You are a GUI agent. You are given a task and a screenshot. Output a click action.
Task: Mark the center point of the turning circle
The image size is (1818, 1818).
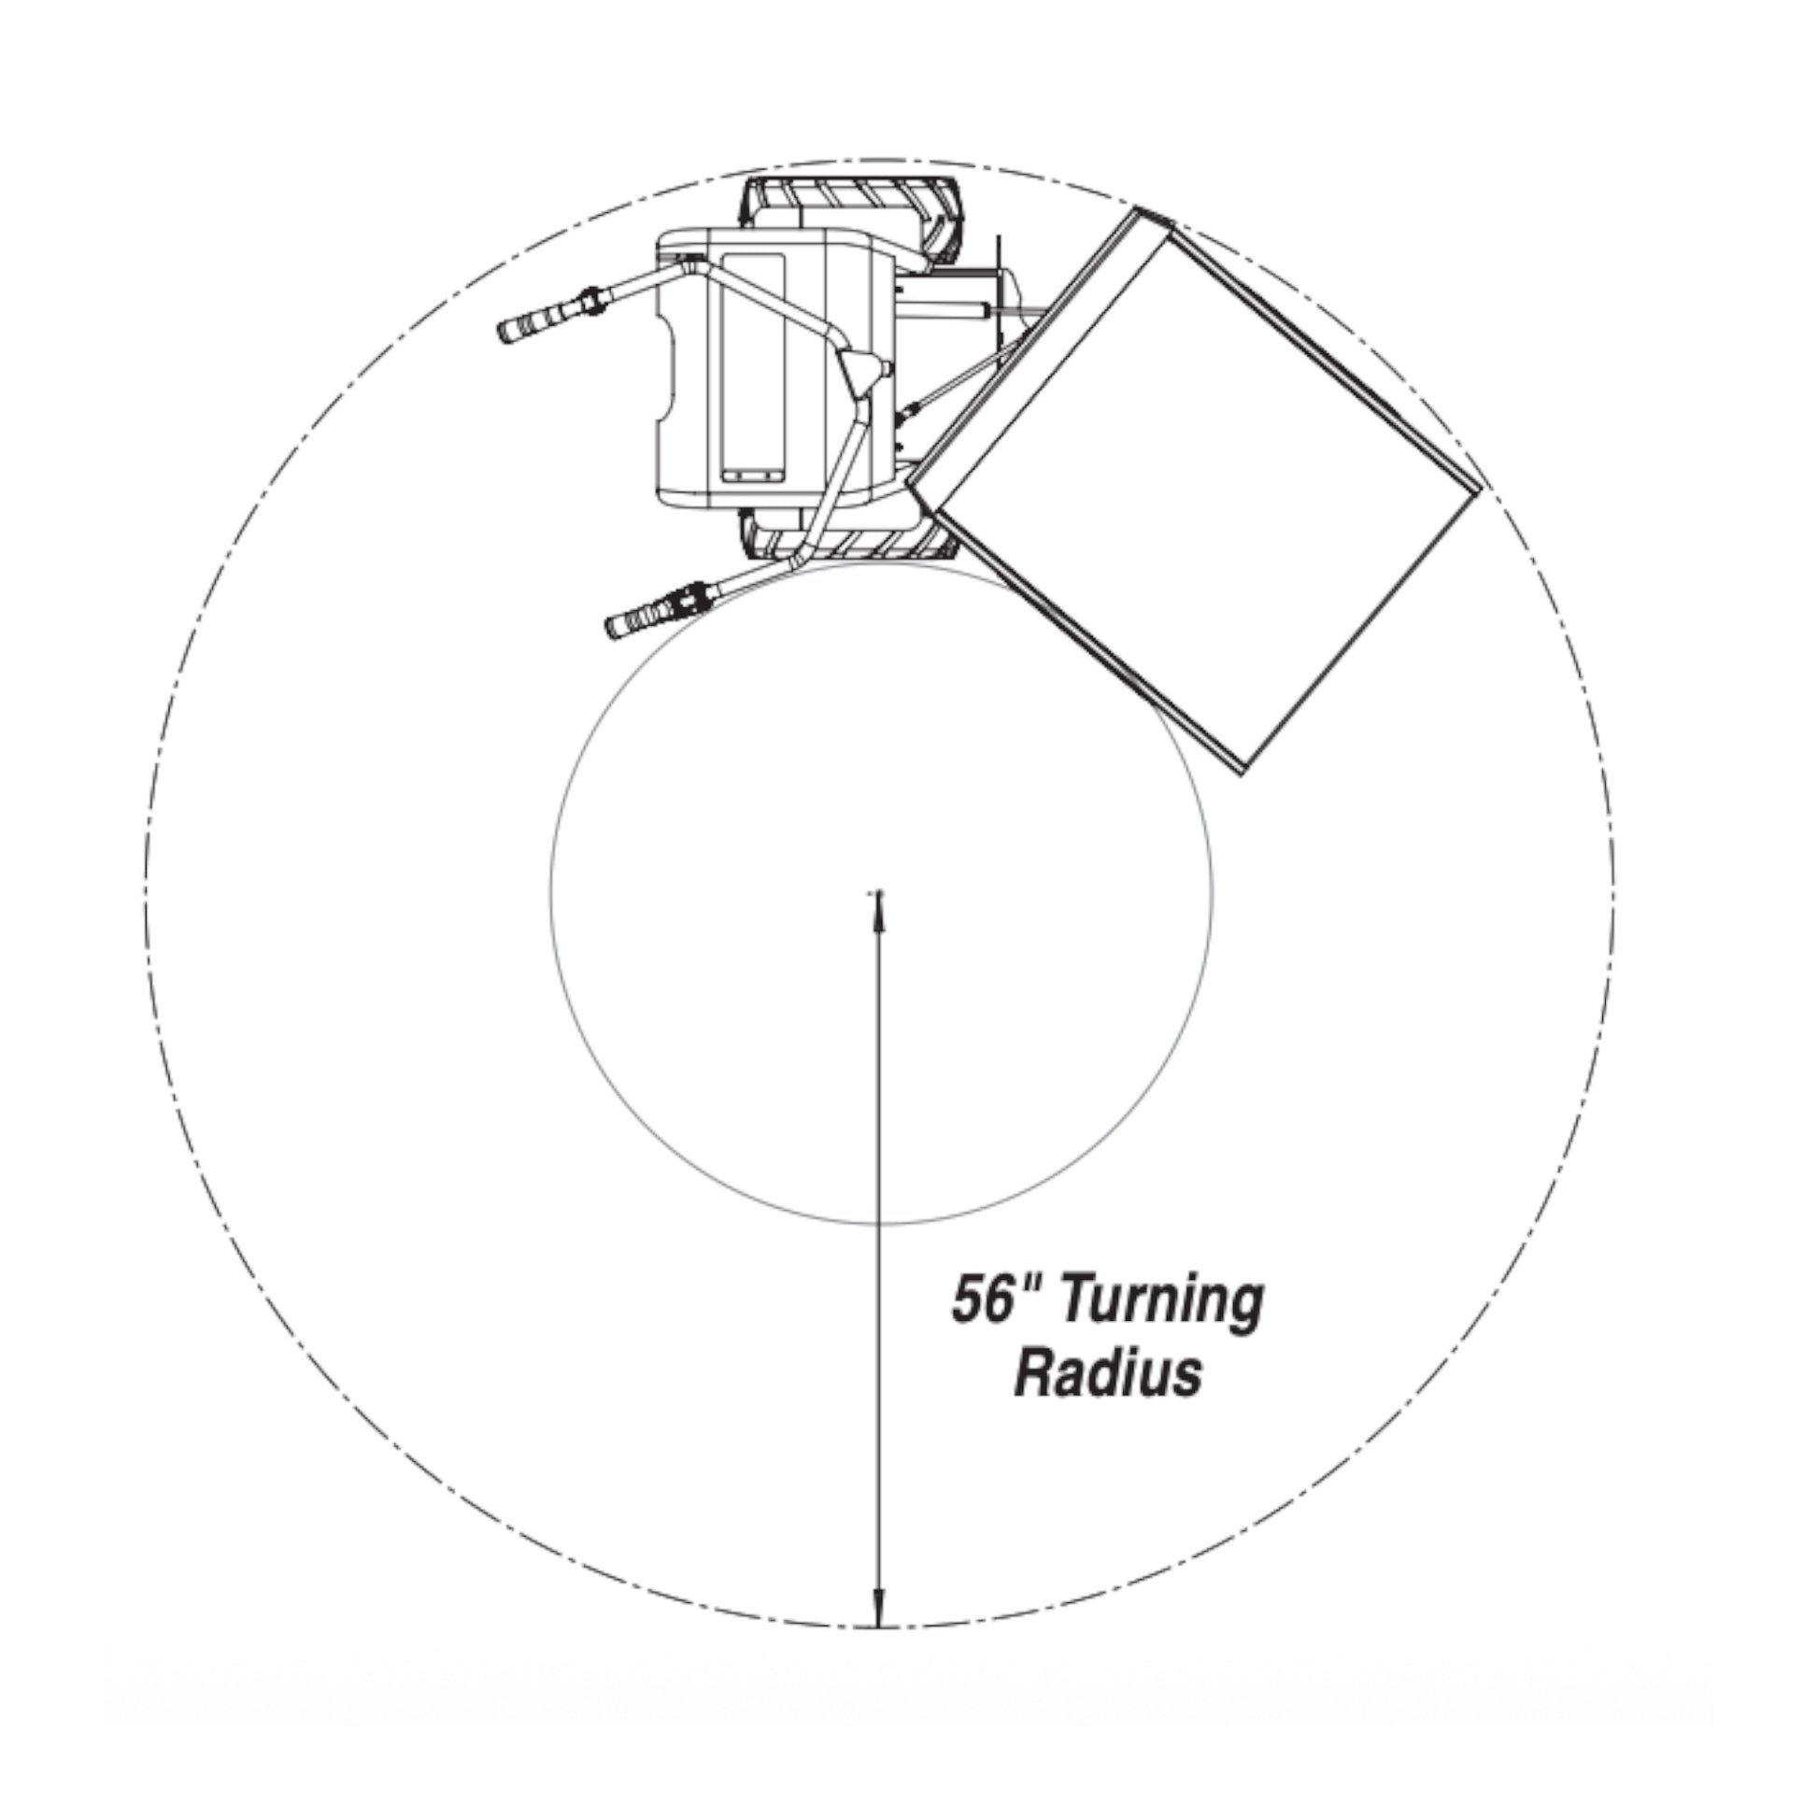877,890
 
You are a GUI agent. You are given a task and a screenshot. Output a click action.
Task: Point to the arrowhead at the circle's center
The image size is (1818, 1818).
878,911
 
